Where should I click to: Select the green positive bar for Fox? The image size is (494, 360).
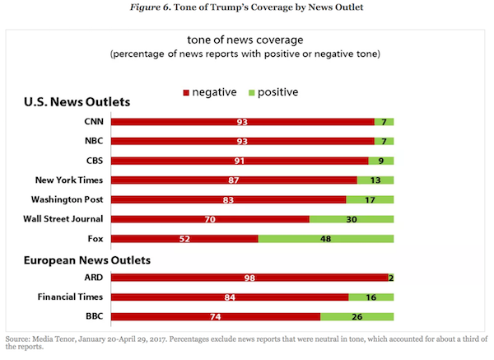coord(326,239)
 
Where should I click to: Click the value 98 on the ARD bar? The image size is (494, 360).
coord(249,278)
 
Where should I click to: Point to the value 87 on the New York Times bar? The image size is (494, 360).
coord(234,180)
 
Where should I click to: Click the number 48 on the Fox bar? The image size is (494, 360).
coord(326,239)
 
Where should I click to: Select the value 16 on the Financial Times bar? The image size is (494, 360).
coord(371,297)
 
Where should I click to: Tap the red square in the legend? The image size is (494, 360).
coord(186,91)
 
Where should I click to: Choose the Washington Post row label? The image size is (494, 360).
coord(67,199)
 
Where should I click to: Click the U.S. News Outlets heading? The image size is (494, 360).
coord(76,102)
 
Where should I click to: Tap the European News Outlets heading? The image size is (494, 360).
coord(86,259)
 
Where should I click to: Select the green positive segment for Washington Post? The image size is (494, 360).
coord(370,199)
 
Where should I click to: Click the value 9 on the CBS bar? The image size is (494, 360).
coord(381,161)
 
